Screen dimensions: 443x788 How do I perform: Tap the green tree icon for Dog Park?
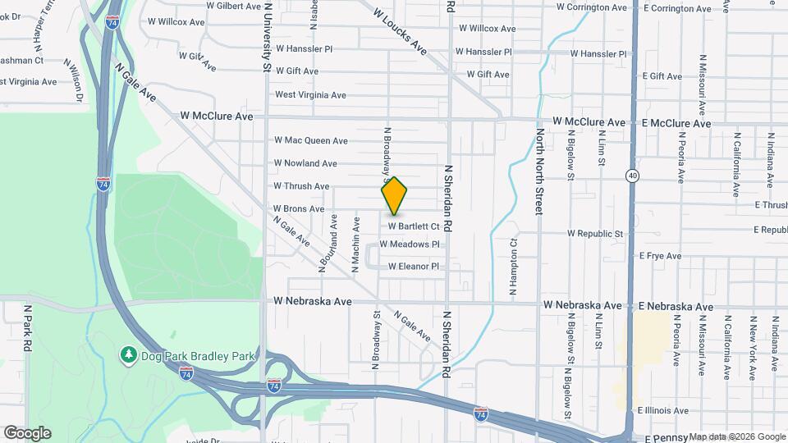pos(128,354)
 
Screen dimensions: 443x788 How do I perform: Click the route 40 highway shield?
pos(631,176)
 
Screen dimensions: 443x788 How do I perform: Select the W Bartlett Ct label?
pos(414,226)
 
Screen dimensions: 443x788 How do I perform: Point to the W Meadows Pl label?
pos(415,244)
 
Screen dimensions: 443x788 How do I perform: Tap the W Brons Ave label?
pos(299,209)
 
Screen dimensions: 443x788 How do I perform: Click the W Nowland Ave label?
pos(305,163)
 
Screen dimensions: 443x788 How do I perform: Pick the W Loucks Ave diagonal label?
pos(401,30)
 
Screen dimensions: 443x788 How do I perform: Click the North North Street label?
pos(539,171)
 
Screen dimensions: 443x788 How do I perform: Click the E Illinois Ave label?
pos(662,410)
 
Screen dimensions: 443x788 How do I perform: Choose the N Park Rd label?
pos(27,329)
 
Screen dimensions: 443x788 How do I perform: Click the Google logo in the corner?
pos(26,433)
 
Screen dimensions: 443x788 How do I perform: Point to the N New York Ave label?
pos(752,346)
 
